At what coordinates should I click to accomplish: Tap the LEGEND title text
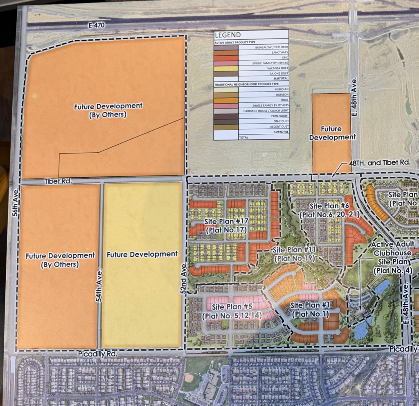228,35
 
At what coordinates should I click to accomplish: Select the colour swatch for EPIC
226,58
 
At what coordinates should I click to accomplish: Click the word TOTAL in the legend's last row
243,138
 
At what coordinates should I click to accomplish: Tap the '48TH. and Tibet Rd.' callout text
379,162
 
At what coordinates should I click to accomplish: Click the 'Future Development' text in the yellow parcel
142,254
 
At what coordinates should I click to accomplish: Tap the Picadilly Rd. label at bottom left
97,353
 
